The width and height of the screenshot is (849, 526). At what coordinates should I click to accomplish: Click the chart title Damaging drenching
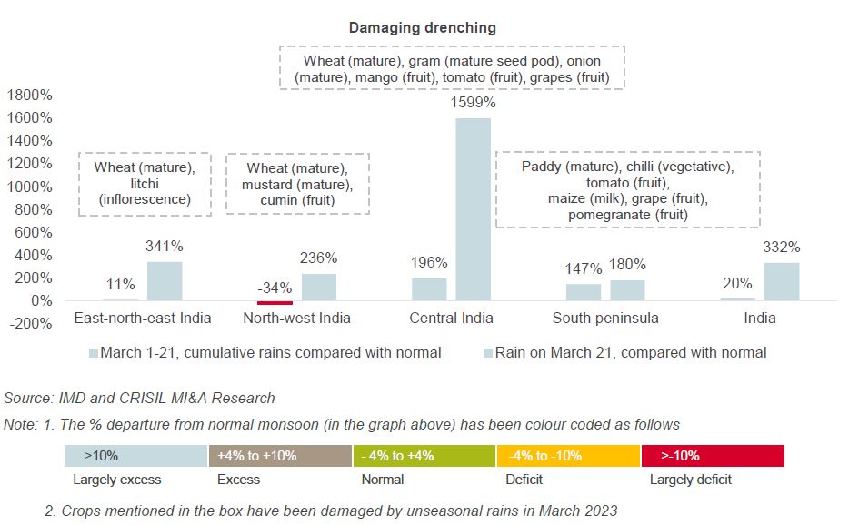pyautogui.click(x=423, y=28)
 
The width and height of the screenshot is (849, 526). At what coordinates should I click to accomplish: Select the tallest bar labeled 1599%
pyautogui.click(x=473, y=209)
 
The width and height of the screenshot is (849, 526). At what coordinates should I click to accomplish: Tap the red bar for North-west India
pyautogui.click(x=275, y=303)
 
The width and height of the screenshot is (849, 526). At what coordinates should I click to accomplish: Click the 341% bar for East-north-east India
pyautogui.click(x=164, y=281)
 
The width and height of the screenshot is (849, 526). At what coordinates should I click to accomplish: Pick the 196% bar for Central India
pyautogui.click(x=429, y=289)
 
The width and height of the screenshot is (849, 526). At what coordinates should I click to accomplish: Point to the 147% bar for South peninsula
pyautogui.click(x=584, y=292)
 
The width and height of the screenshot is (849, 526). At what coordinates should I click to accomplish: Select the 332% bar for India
pyautogui.click(x=782, y=282)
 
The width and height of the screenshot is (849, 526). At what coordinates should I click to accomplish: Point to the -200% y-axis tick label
pyautogui.click(x=30, y=324)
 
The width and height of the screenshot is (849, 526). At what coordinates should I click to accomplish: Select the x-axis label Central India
pyautogui.click(x=451, y=319)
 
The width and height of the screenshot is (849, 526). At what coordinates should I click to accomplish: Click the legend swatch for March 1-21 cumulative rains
pyautogui.click(x=93, y=353)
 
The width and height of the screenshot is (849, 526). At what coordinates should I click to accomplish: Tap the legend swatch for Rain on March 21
pyautogui.click(x=487, y=353)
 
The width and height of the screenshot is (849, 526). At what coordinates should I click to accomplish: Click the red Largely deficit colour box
pyautogui.click(x=712, y=456)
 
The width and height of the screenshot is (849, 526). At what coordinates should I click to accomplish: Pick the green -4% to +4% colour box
pyautogui.click(x=424, y=456)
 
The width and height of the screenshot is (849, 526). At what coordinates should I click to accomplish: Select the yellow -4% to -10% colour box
pyautogui.click(x=568, y=456)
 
